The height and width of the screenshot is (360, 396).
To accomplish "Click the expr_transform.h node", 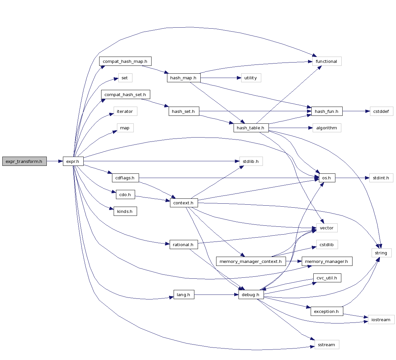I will [x=24, y=161].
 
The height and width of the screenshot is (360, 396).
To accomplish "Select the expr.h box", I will [x=73, y=161].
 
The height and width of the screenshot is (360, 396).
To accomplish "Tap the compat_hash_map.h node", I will [x=125, y=62].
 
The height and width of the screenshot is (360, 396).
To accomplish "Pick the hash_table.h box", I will [x=251, y=128].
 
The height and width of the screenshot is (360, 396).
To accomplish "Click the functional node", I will [x=326, y=62].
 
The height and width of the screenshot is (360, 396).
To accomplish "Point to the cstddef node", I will [x=381, y=111].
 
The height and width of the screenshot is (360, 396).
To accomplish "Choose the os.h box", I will [x=326, y=178].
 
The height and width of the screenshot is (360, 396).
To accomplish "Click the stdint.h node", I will [x=381, y=178].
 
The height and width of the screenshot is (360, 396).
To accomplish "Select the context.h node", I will [x=184, y=203].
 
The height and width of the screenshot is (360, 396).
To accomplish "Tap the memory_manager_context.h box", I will [x=251, y=261].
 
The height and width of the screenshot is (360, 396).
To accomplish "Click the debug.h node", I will [x=251, y=295].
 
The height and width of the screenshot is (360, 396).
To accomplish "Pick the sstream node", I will [x=326, y=345].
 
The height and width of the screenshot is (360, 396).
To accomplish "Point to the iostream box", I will [x=381, y=320].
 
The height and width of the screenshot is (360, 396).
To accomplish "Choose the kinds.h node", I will [x=125, y=211].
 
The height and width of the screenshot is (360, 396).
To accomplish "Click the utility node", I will [x=251, y=78].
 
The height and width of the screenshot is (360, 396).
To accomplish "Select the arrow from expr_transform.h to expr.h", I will [x=55, y=161].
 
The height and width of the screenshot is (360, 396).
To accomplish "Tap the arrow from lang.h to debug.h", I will [x=216, y=295].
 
